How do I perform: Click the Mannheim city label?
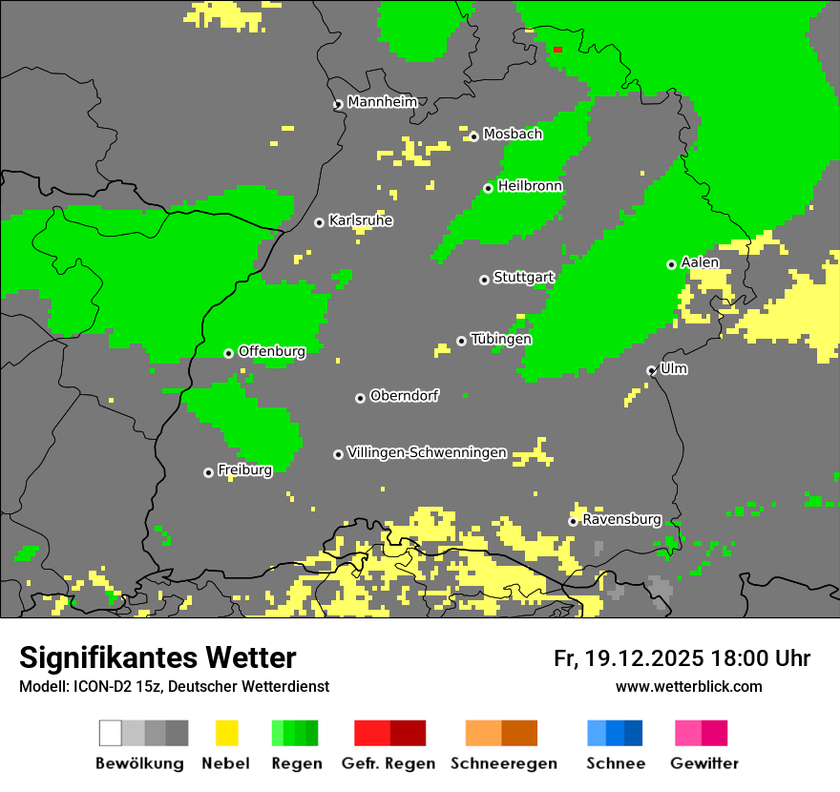tap(383, 102)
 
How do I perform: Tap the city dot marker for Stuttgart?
tap(484, 280)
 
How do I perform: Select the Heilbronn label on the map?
tap(530, 186)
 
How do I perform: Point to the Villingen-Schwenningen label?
tap(427, 452)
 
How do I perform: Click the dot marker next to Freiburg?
tap(208, 472)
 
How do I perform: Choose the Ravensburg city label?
tap(621, 520)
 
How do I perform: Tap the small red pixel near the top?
tap(557, 50)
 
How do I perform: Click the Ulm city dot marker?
tap(651, 370)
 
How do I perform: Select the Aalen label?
tap(700, 262)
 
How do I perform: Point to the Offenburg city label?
tap(272, 351)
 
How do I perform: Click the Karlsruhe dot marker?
tap(319, 222)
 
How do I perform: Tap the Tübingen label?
tap(501, 339)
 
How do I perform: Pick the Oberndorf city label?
tap(404, 396)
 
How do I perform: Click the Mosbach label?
tap(513, 135)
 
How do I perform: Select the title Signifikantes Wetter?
tap(157, 657)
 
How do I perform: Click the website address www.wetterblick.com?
tap(688, 686)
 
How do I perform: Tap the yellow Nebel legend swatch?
tap(227, 733)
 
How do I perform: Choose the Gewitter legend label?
tap(704, 763)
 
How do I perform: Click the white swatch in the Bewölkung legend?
tap(111, 733)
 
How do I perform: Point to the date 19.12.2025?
tap(644, 658)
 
